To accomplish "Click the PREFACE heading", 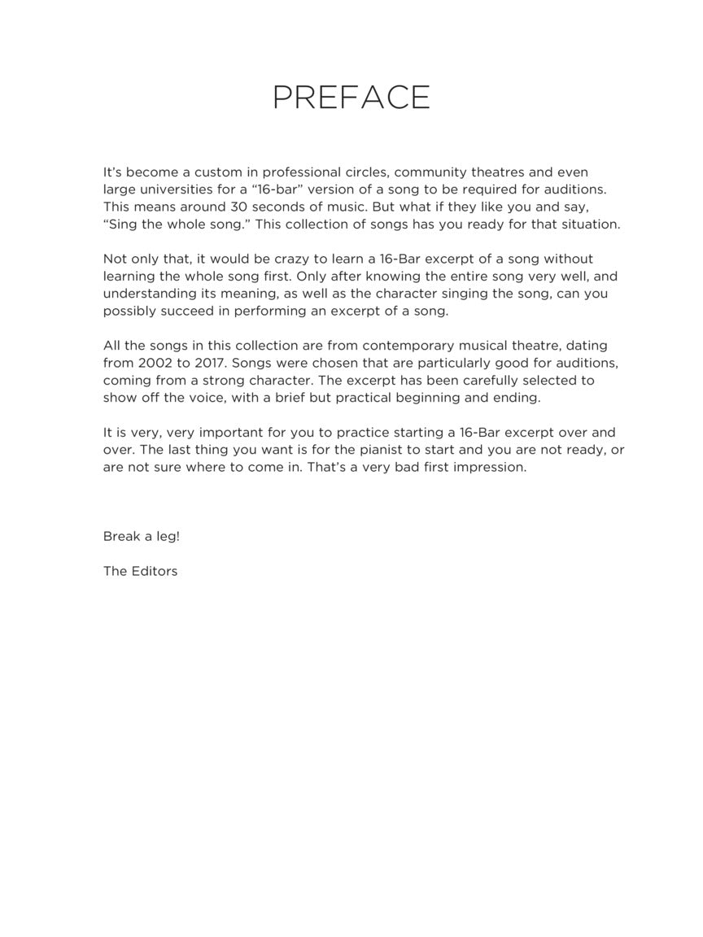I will click(351, 98).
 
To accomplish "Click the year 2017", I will click(211, 363).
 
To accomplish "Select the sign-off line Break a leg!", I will click(142, 537).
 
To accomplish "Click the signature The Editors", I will click(140, 571).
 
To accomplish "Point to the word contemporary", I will click(412, 346).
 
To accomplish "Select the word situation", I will click(589, 224).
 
